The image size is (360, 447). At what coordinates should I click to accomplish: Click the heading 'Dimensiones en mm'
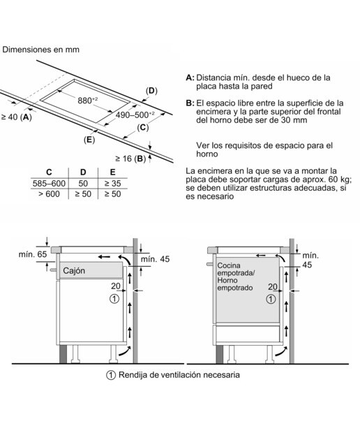(x=40, y=50)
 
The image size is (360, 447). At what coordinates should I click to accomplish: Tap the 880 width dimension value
(x=87, y=100)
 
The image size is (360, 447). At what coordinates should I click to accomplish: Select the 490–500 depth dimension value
(x=135, y=115)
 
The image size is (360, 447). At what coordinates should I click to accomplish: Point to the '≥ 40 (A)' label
(x=17, y=117)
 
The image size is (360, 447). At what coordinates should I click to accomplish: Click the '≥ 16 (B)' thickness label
(x=130, y=159)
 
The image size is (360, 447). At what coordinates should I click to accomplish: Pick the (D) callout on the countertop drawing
(x=151, y=91)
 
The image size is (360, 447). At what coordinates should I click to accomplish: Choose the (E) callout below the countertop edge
(x=89, y=140)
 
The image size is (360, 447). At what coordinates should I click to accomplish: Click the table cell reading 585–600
(x=49, y=183)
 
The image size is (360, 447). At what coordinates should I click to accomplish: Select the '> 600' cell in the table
(x=49, y=194)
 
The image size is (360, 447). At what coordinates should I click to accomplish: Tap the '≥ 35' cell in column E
(x=112, y=183)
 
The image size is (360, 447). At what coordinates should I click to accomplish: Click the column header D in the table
(x=83, y=173)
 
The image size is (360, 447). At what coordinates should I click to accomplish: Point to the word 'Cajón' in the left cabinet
(x=74, y=270)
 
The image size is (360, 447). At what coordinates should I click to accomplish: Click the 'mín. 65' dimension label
(x=33, y=254)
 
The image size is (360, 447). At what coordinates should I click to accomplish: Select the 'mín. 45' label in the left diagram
(x=155, y=259)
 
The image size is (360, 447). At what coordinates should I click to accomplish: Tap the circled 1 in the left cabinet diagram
(x=114, y=299)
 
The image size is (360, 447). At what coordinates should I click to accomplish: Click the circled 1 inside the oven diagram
(x=271, y=299)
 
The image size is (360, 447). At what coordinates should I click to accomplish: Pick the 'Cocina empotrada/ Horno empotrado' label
(x=236, y=277)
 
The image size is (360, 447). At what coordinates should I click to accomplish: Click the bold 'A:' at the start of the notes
(x=190, y=78)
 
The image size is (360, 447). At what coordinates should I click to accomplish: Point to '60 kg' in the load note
(x=340, y=179)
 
